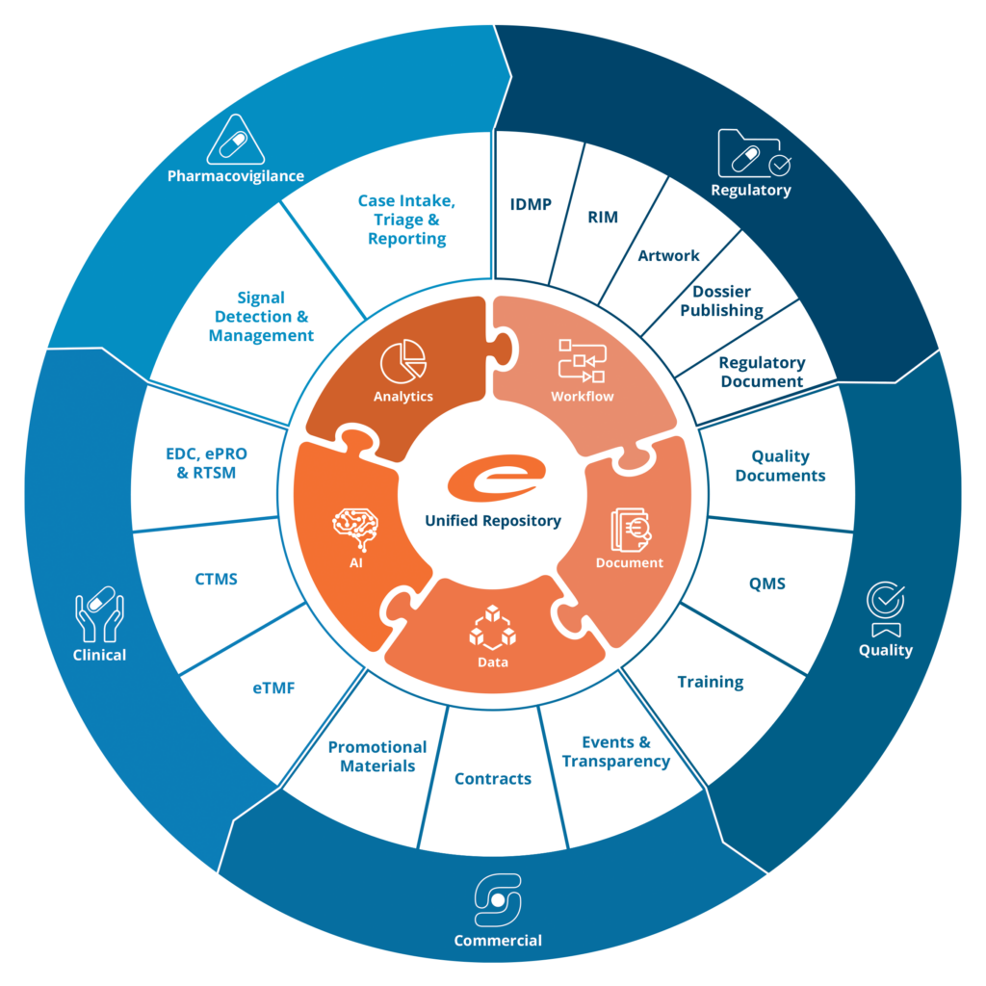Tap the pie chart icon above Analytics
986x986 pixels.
(403, 361)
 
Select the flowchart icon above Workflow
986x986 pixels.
(583, 360)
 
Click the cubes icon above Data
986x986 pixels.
(492, 628)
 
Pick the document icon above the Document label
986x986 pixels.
(631, 530)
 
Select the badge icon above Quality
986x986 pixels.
(886, 609)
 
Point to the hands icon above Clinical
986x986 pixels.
(99, 614)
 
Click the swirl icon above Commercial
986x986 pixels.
(498, 900)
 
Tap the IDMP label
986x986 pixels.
(531, 204)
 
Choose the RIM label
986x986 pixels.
(603, 217)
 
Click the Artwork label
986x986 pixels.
(668, 255)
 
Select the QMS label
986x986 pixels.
(767, 584)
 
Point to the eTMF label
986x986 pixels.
(273, 688)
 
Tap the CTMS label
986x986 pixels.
(216, 579)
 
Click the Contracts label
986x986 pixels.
(493, 778)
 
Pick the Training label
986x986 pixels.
(711, 683)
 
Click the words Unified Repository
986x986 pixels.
(493, 521)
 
